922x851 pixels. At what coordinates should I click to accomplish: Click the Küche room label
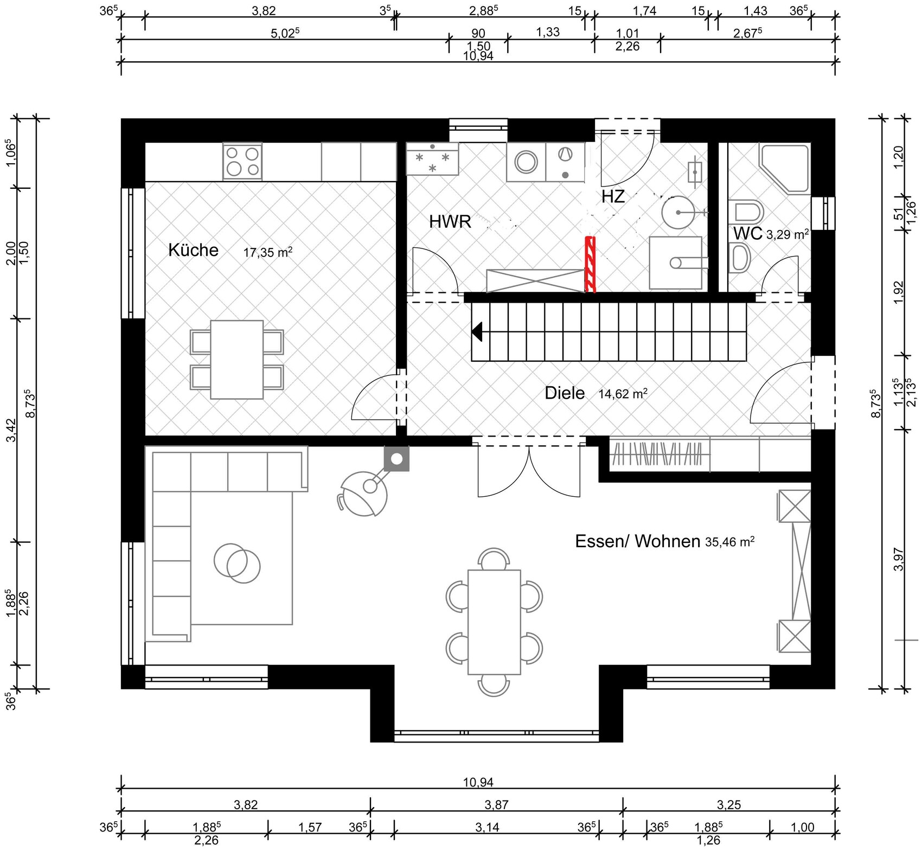pos(193,250)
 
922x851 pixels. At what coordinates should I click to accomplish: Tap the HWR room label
pos(450,221)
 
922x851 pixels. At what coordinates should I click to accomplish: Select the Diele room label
pos(565,393)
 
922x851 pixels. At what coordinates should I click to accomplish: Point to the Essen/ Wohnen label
pos(637,541)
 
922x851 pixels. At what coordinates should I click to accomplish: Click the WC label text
pos(748,233)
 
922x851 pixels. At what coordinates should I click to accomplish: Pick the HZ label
pos(613,196)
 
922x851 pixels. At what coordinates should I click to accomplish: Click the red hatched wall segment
pos(590,265)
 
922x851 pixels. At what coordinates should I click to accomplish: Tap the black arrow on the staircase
pos(477,332)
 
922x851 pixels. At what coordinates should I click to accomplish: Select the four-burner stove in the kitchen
pos(242,162)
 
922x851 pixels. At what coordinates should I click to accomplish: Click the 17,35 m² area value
pos(268,252)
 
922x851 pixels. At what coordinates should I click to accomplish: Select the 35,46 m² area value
pos(730,541)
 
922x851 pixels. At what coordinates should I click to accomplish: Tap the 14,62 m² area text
pos(623,394)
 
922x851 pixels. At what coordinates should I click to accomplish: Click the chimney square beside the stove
pos(396,459)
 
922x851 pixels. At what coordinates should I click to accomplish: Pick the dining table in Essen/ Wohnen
pos(494,622)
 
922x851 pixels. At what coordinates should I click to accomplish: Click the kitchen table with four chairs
pos(237,360)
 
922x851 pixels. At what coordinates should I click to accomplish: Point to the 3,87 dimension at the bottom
pos(497,805)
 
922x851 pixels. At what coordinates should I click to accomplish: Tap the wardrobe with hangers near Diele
pos(660,453)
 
